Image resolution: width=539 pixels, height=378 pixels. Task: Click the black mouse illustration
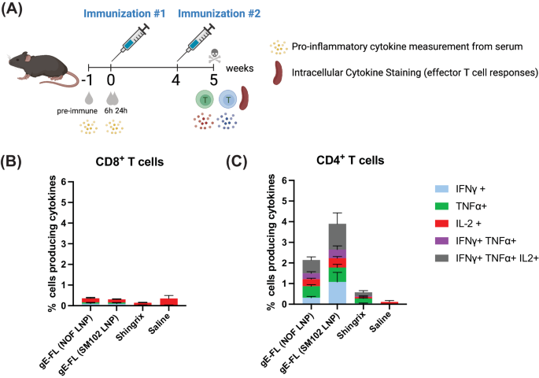39,63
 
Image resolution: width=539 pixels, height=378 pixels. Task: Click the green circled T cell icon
206,100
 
